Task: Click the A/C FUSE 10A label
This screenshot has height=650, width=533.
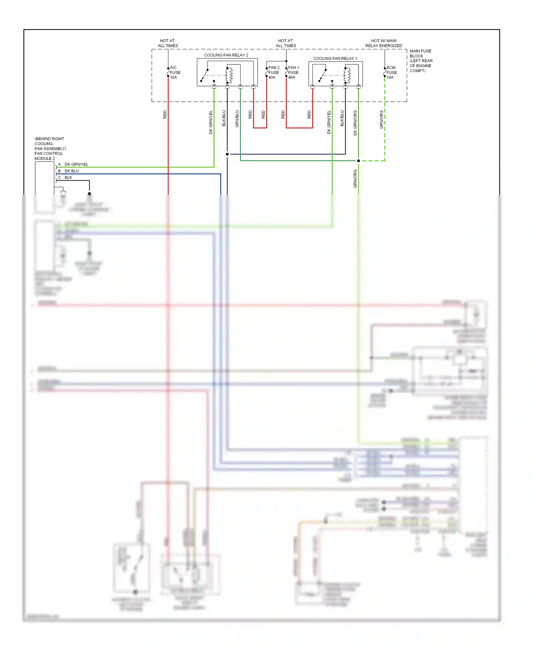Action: point(175,73)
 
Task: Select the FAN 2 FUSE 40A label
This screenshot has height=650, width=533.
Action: point(274,73)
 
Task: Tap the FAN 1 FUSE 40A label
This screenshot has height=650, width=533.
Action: point(293,73)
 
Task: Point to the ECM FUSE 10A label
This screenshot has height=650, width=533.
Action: point(391,73)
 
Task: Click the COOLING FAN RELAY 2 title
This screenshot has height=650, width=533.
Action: point(226,55)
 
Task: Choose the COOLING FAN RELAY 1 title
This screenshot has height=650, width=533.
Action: point(335,58)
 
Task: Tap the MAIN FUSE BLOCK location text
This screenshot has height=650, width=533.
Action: point(421,61)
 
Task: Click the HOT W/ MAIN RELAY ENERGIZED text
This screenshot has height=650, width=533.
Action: point(384,43)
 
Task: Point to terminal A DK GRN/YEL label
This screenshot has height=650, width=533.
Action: point(76,164)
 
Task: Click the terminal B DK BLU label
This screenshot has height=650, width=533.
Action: point(71,171)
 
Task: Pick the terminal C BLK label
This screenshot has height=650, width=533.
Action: point(68,177)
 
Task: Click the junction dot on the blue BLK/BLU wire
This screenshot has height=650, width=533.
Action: point(227,154)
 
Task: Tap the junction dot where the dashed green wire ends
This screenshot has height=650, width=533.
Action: point(358,161)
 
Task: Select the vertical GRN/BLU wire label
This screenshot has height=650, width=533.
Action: point(237,119)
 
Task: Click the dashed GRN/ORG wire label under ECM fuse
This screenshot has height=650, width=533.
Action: point(381,119)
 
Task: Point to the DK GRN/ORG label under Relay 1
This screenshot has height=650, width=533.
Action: point(355,123)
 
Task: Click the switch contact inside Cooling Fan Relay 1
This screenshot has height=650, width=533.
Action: point(322,75)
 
